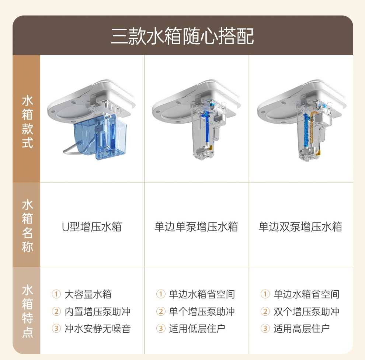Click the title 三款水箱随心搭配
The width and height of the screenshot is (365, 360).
(x=182, y=36)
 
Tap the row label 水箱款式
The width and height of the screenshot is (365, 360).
(x=28, y=122)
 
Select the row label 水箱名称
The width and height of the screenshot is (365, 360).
(x=28, y=226)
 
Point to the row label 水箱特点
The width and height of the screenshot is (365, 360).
(x=28, y=311)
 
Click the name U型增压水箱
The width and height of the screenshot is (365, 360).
(x=92, y=227)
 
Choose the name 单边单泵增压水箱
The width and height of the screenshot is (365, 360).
(x=196, y=227)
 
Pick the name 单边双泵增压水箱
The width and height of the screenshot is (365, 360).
(x=300, y=227)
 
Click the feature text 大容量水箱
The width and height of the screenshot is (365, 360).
(x=88, y=294)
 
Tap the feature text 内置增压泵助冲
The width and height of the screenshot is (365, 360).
(x=98, y=312)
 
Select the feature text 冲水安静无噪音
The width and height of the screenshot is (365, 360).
(x=98, y=329)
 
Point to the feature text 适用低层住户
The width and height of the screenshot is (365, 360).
(x=197, y=329)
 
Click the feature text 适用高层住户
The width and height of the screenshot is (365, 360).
(x=302, y=329)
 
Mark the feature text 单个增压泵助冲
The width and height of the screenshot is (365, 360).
(x=202, y=312)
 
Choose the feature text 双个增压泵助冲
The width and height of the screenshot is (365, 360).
(x=306, y=312)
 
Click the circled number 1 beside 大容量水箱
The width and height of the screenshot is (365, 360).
(x=56, y=294)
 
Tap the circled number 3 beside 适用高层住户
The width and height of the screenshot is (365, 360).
(x=265, y=329)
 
